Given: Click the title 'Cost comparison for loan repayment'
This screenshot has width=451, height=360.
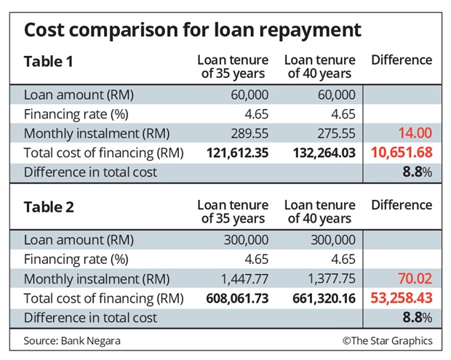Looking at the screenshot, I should tap(192, 30).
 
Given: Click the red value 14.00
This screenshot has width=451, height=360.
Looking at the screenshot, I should tap(414, 134).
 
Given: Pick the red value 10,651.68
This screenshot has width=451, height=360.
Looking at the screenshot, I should tap(402, 153).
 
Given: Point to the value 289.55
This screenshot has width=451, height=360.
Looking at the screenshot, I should tap(250, 134).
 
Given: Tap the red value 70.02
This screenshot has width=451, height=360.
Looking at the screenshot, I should tap(414, 279).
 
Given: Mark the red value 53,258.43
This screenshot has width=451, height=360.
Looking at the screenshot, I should tap(402, 298).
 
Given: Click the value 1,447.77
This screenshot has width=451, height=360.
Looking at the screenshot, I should tap(244, 279).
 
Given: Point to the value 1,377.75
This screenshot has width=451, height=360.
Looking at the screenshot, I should tap(330, 279).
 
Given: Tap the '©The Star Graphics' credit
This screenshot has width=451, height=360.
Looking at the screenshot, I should tap(387, 340).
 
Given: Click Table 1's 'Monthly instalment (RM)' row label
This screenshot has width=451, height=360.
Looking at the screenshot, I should tap(96, 134).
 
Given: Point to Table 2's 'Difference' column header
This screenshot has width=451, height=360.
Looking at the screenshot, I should tap(402, 206).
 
